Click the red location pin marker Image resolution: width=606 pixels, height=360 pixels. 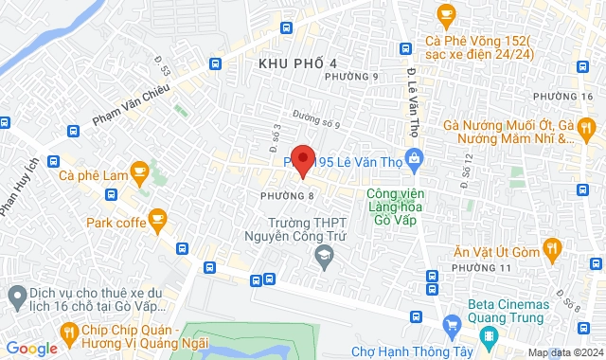(x=302, y=161)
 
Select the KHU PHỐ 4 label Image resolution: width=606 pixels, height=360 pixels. (x=297, y=63)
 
